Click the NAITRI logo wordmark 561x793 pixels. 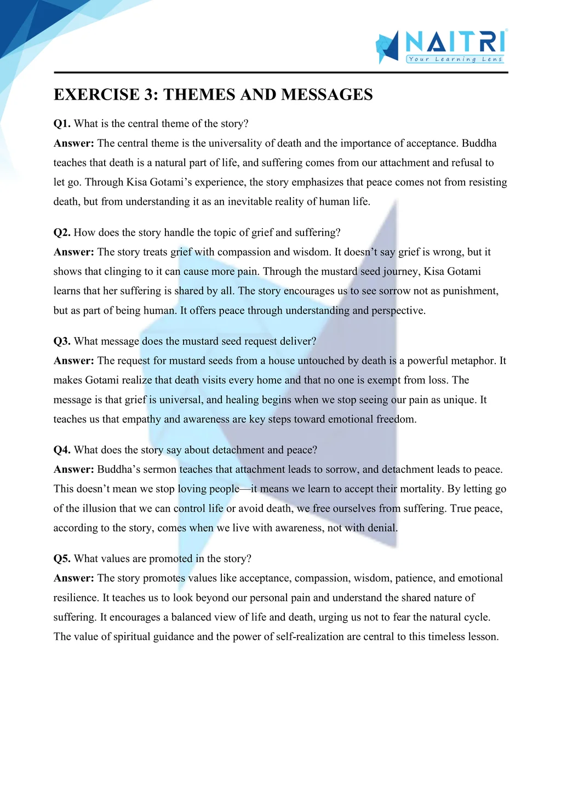pos(455,41)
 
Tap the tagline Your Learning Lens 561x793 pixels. pos(455,59)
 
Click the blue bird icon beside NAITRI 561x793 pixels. pos(387,47)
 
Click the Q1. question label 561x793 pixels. pos(62,124)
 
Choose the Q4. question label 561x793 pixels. pos(62,450)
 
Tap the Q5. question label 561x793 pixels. pos(62,559)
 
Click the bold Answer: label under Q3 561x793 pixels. pos(74,361)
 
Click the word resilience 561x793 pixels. pos(76,598)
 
